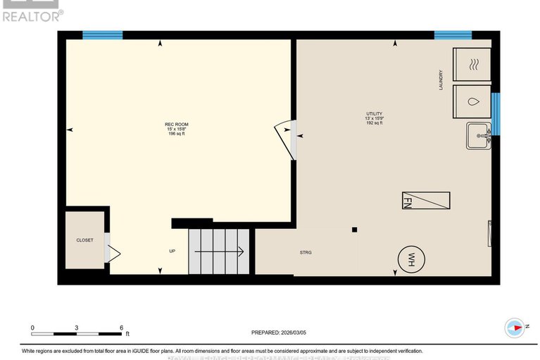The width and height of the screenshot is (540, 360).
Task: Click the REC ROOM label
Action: (177, 125)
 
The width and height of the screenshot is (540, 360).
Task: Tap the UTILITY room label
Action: (374, 113)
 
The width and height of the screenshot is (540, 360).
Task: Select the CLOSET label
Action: (84, 240)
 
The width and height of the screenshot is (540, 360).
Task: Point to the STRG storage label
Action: (305, 252)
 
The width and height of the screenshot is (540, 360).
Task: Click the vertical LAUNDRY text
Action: (441, 80)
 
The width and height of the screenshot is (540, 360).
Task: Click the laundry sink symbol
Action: (479, 135)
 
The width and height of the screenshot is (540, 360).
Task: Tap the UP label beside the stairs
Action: (172, 251)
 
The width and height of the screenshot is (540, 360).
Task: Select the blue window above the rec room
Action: (103, 35)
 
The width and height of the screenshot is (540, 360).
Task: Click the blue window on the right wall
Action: (496, 113)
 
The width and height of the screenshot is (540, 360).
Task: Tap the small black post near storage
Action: (355, 229)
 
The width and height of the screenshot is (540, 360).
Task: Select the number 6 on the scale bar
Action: (121, 328)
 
